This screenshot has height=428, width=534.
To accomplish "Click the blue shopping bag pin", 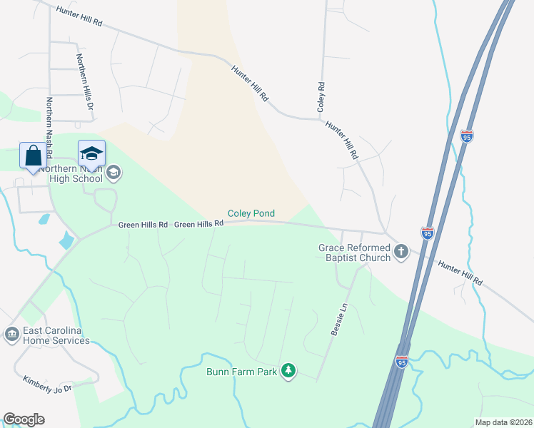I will coord(34,156).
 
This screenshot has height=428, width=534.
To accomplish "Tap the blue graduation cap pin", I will coord(91,154).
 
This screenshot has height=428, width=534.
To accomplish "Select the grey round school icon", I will coord(114,172).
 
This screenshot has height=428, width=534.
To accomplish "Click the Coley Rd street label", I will coord(321,96).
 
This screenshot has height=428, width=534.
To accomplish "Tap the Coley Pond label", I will coord(251,213).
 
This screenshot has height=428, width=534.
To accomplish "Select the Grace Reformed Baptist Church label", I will coord(354,253).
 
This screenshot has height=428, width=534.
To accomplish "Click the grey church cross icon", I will coord(401,251).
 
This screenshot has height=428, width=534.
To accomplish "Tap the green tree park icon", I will coord(288,370).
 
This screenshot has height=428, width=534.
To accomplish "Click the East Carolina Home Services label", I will coord(56,335).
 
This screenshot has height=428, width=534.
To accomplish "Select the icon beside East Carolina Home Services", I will coord(11,334).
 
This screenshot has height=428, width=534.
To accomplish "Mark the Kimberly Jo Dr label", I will coord(48,384).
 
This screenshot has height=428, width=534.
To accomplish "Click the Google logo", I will coord(24,419).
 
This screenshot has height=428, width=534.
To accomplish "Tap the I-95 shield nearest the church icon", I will coord(427,233).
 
